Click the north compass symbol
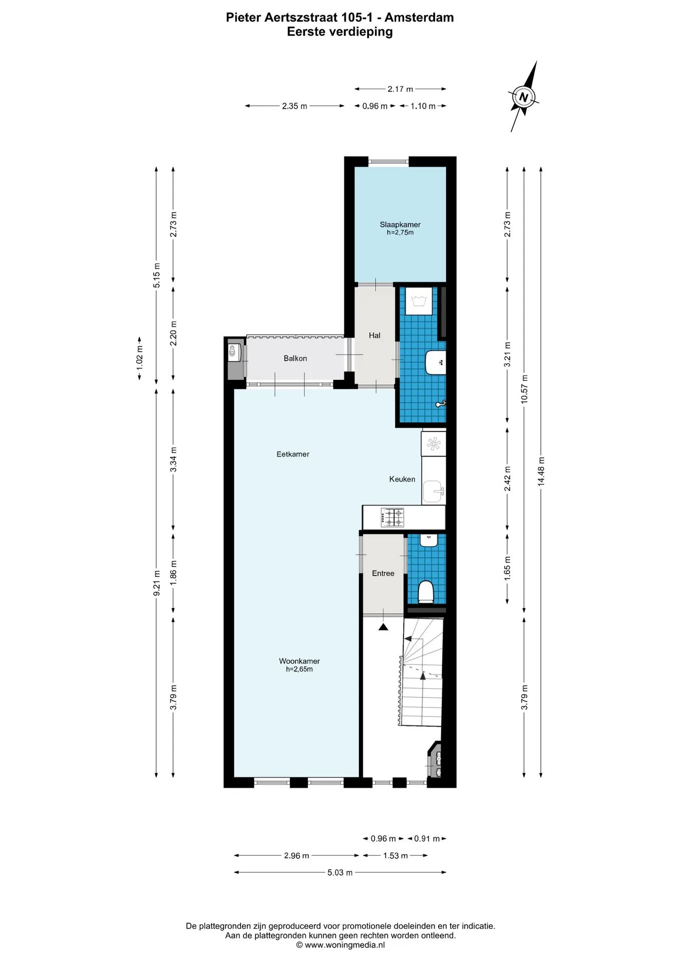[x=524, y=97]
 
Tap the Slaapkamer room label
[x=400, y=224]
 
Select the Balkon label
[x=295, y=358]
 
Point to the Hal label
[x=375, y=335]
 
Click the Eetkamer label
[x=293, y=454]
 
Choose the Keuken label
[x=402, y=479]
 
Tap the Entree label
[x=383, y=573]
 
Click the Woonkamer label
[x=299, y=661]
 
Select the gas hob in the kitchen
[x=393, y=518]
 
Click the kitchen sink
[x=433, y=492]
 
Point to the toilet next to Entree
[x=426, y=591]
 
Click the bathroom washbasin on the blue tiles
[x=435, y=362]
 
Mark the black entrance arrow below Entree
[x=384, y=626]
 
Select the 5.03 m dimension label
[x=340, y=872]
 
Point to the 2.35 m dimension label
[x=294, y=106]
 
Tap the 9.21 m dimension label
[x=157, y=583]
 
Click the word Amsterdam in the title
[x=419, y=18]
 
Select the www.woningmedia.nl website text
[x=345, y=945]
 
